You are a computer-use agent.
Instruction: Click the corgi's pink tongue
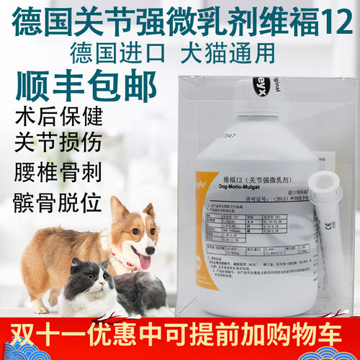[x=143, y=261]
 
